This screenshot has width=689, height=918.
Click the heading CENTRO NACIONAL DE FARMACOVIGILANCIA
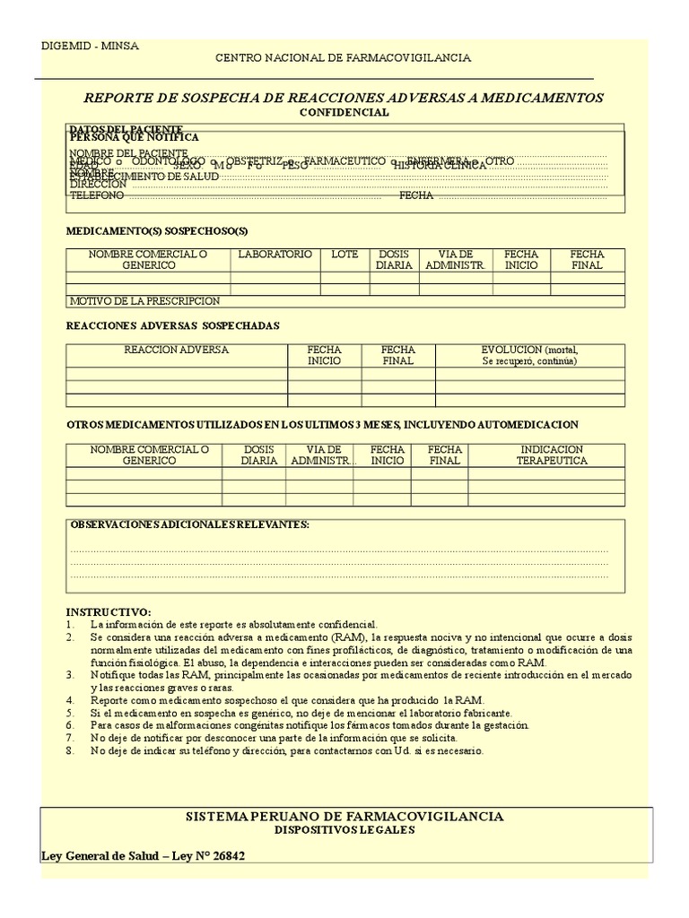[343, 58]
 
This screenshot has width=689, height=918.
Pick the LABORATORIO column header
[275, 255]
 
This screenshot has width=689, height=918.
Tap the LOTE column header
[344, 255]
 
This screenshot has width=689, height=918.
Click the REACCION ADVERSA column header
[176, 350]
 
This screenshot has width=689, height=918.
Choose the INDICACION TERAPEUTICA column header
[551, 455]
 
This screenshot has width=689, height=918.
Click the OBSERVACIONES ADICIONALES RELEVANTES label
[189, 524]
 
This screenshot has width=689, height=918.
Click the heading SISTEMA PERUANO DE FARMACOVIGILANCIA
[344, 816]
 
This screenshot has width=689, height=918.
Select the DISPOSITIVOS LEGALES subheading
[344, 830]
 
